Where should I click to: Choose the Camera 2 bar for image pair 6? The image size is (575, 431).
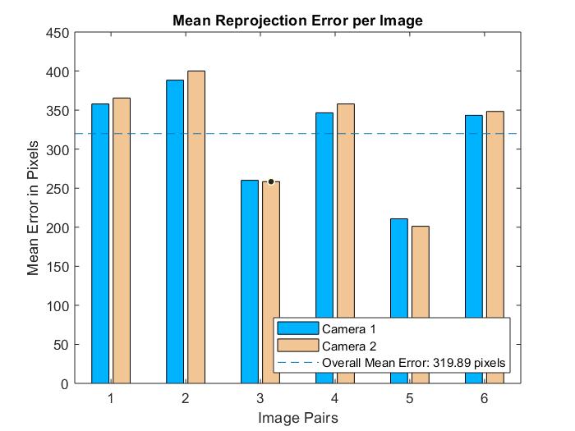[x=494, y=247]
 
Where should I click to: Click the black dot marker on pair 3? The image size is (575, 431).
[x=271, y=181]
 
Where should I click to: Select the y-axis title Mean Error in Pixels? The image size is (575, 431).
[x=34, y=208]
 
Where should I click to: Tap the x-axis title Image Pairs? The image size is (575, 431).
[x=297, y=418]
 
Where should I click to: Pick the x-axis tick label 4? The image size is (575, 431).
[x=334, y=398]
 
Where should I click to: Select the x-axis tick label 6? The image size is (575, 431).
[x=484, y=398]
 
